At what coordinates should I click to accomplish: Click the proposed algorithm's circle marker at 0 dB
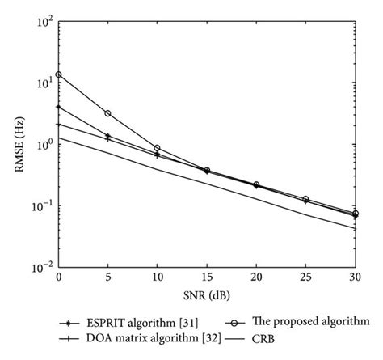[59, 74]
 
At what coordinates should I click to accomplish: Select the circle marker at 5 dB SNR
[108, 113]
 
